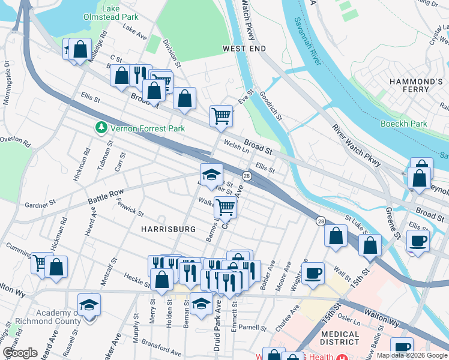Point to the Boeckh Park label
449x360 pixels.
[403, 124]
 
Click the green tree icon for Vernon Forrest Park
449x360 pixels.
[101, 128]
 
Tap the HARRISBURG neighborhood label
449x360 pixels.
[168, 229]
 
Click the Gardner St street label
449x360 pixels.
[40, 205]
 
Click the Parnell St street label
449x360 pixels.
[252, 328]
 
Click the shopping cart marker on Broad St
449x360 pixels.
[221, 115]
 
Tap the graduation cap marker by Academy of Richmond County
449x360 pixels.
[89, 305]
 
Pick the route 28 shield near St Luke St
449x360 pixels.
[321, 221]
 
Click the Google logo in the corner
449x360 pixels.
[20, 353]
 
